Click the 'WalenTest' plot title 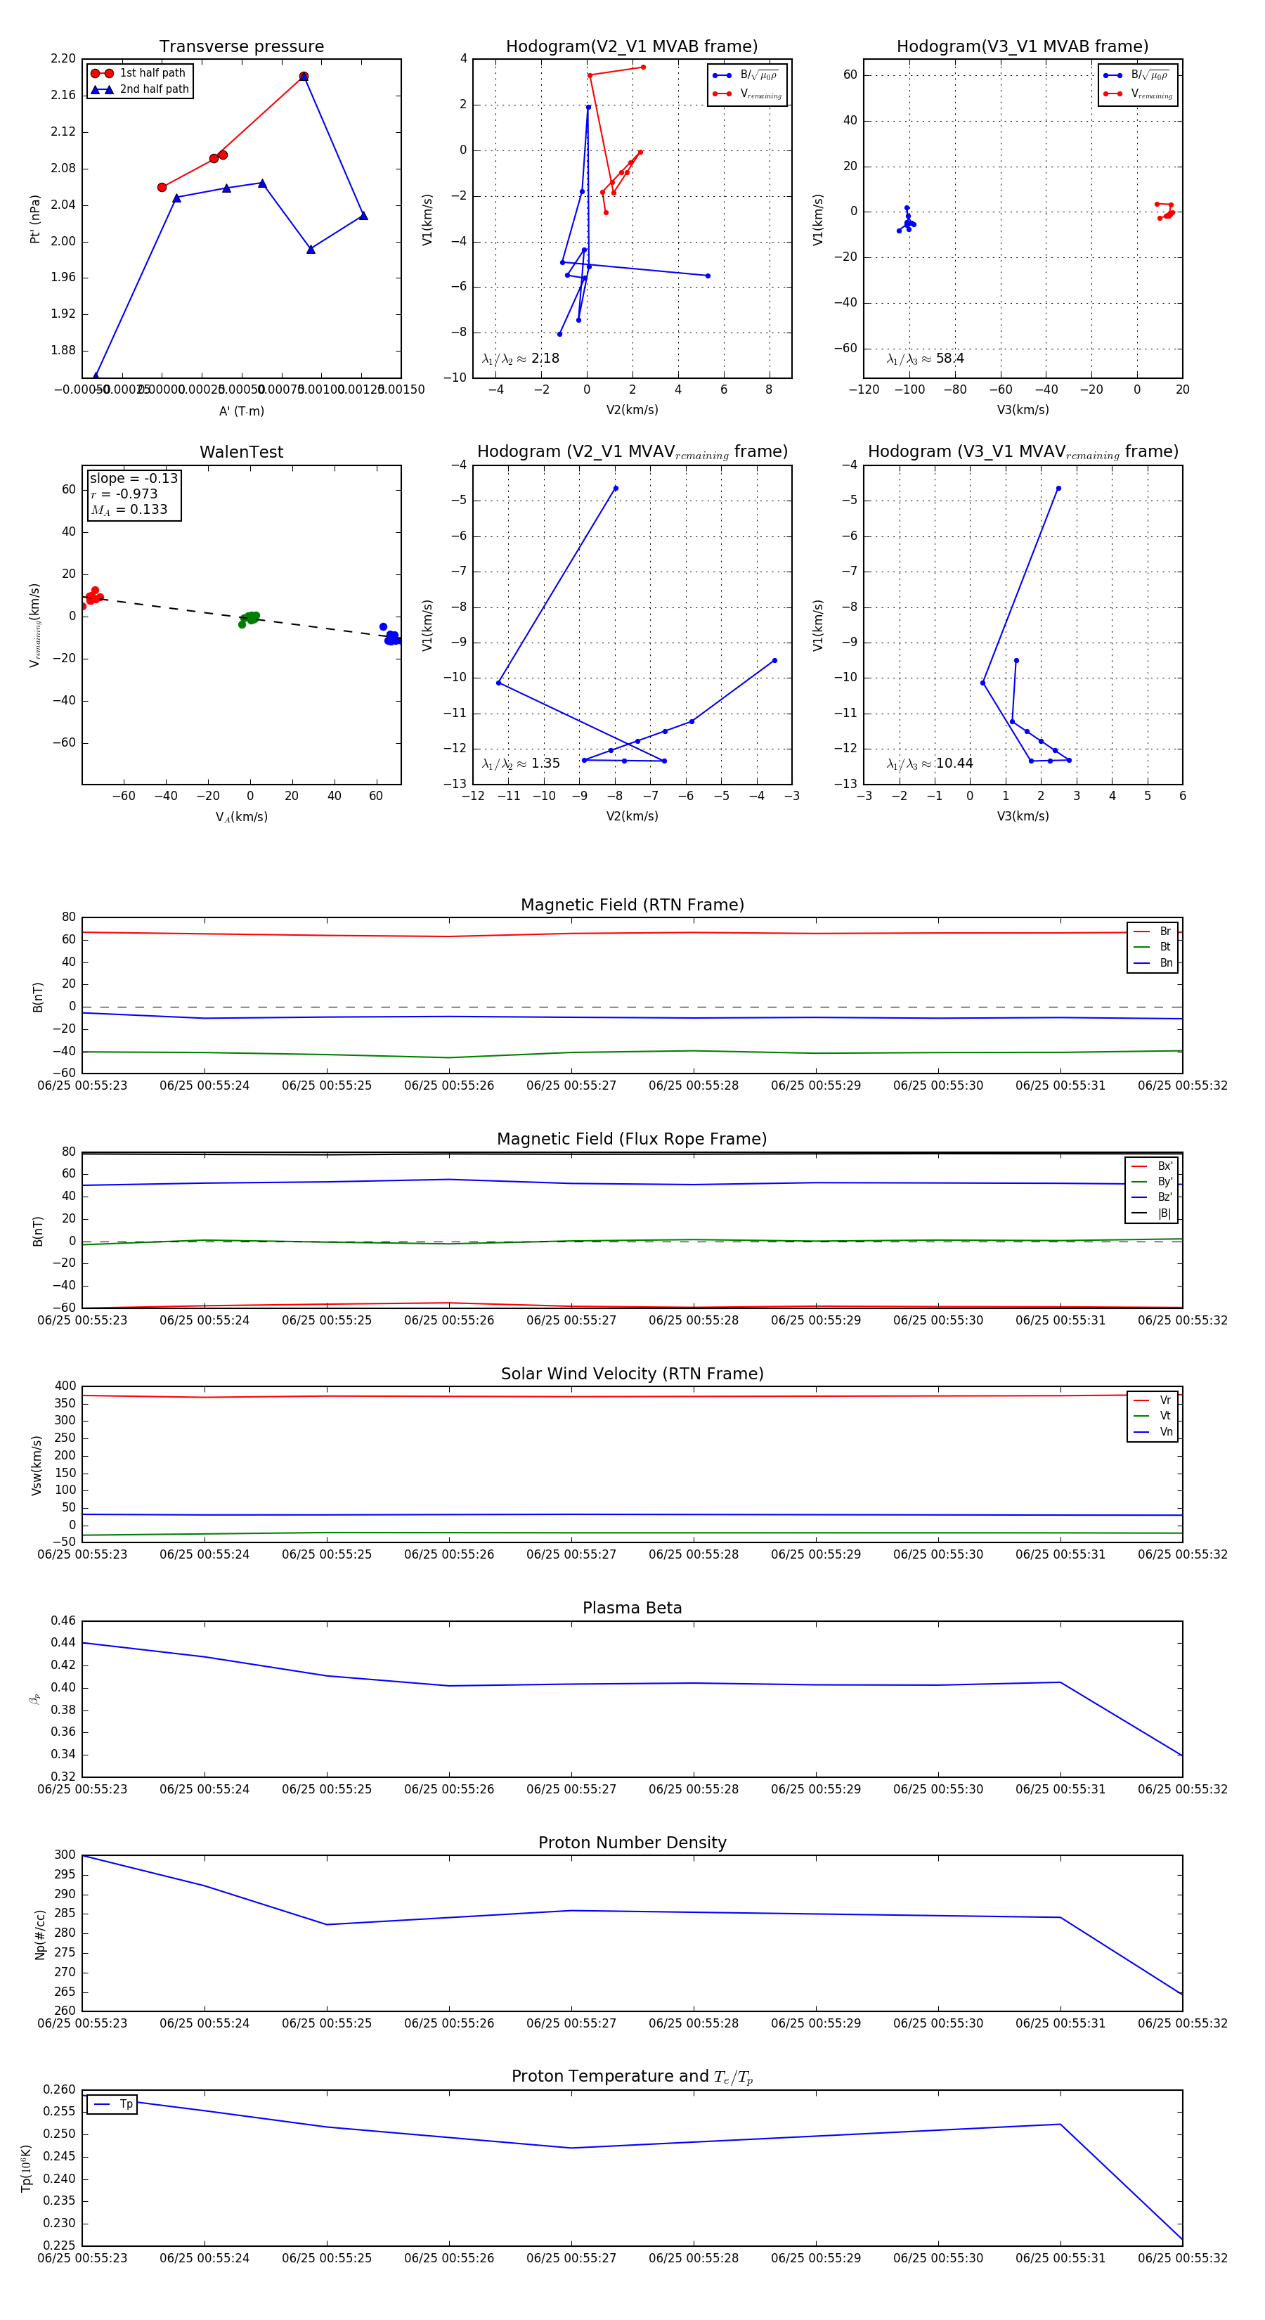pos(241,452)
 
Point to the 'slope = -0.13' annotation pos(134,478)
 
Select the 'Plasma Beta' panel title pos(632,1608)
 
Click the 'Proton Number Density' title pos(632,1843)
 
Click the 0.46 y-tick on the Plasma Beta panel pos(63,1620)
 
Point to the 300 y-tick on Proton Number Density pos(65,1855)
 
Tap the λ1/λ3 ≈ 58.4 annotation pos(925,359)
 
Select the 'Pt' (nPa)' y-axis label pos(35,219)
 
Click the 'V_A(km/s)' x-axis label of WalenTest pos(241,817)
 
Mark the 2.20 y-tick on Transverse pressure pos(63,58)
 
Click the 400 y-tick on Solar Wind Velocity pos(66,1386)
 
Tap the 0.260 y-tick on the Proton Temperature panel pos(60,2089)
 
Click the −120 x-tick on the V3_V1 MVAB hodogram pos(864,390)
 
